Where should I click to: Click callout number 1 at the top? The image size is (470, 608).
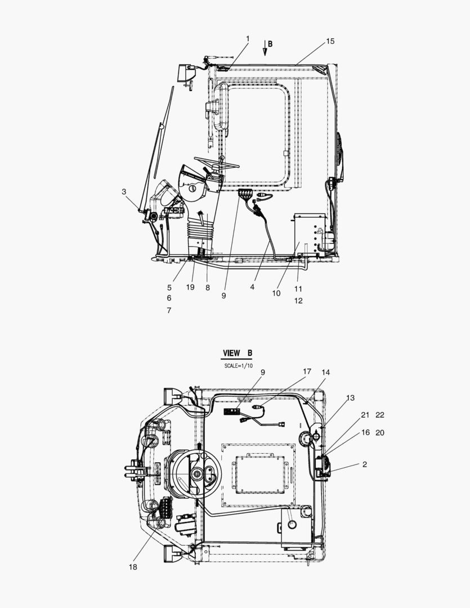tap(247, 38)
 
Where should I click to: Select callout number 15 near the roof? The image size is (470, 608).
tap(330, 41)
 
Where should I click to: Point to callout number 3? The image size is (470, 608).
tap(124, 191)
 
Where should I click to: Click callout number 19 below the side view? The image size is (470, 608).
tap(190, 287)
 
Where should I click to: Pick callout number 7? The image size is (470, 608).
tap(169, 310)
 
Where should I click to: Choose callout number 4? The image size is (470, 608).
tap(252, 287)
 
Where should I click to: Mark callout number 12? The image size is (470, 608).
tap(298, 301)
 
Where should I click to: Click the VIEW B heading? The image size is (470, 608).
tap(237, 353)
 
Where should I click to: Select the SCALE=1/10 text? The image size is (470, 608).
tap(239, 366)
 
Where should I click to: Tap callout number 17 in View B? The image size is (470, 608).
tap(307, 372)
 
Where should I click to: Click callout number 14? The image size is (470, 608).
tap(326, 372)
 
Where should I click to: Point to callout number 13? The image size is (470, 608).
tap(350, 397)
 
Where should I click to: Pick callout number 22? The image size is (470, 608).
tap(379, 415)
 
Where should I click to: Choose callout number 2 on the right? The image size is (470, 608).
tap(365, 464)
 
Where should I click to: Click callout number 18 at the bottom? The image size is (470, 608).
tap(133, 567)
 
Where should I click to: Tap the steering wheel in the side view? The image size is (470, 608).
tap(217, 163)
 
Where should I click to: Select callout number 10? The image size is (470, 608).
tap(276, 293)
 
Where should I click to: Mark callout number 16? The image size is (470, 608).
tap(365, 432)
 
